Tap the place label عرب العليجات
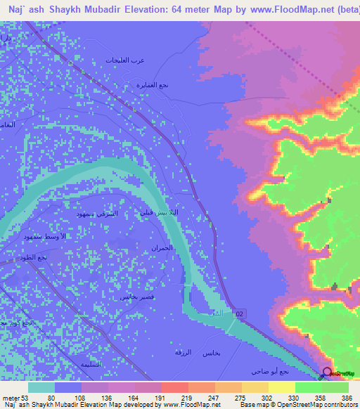pos(125,60)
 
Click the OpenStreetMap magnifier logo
pos(327,372)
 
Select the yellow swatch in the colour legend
pos(281,387)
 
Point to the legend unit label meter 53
pos(15,397)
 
